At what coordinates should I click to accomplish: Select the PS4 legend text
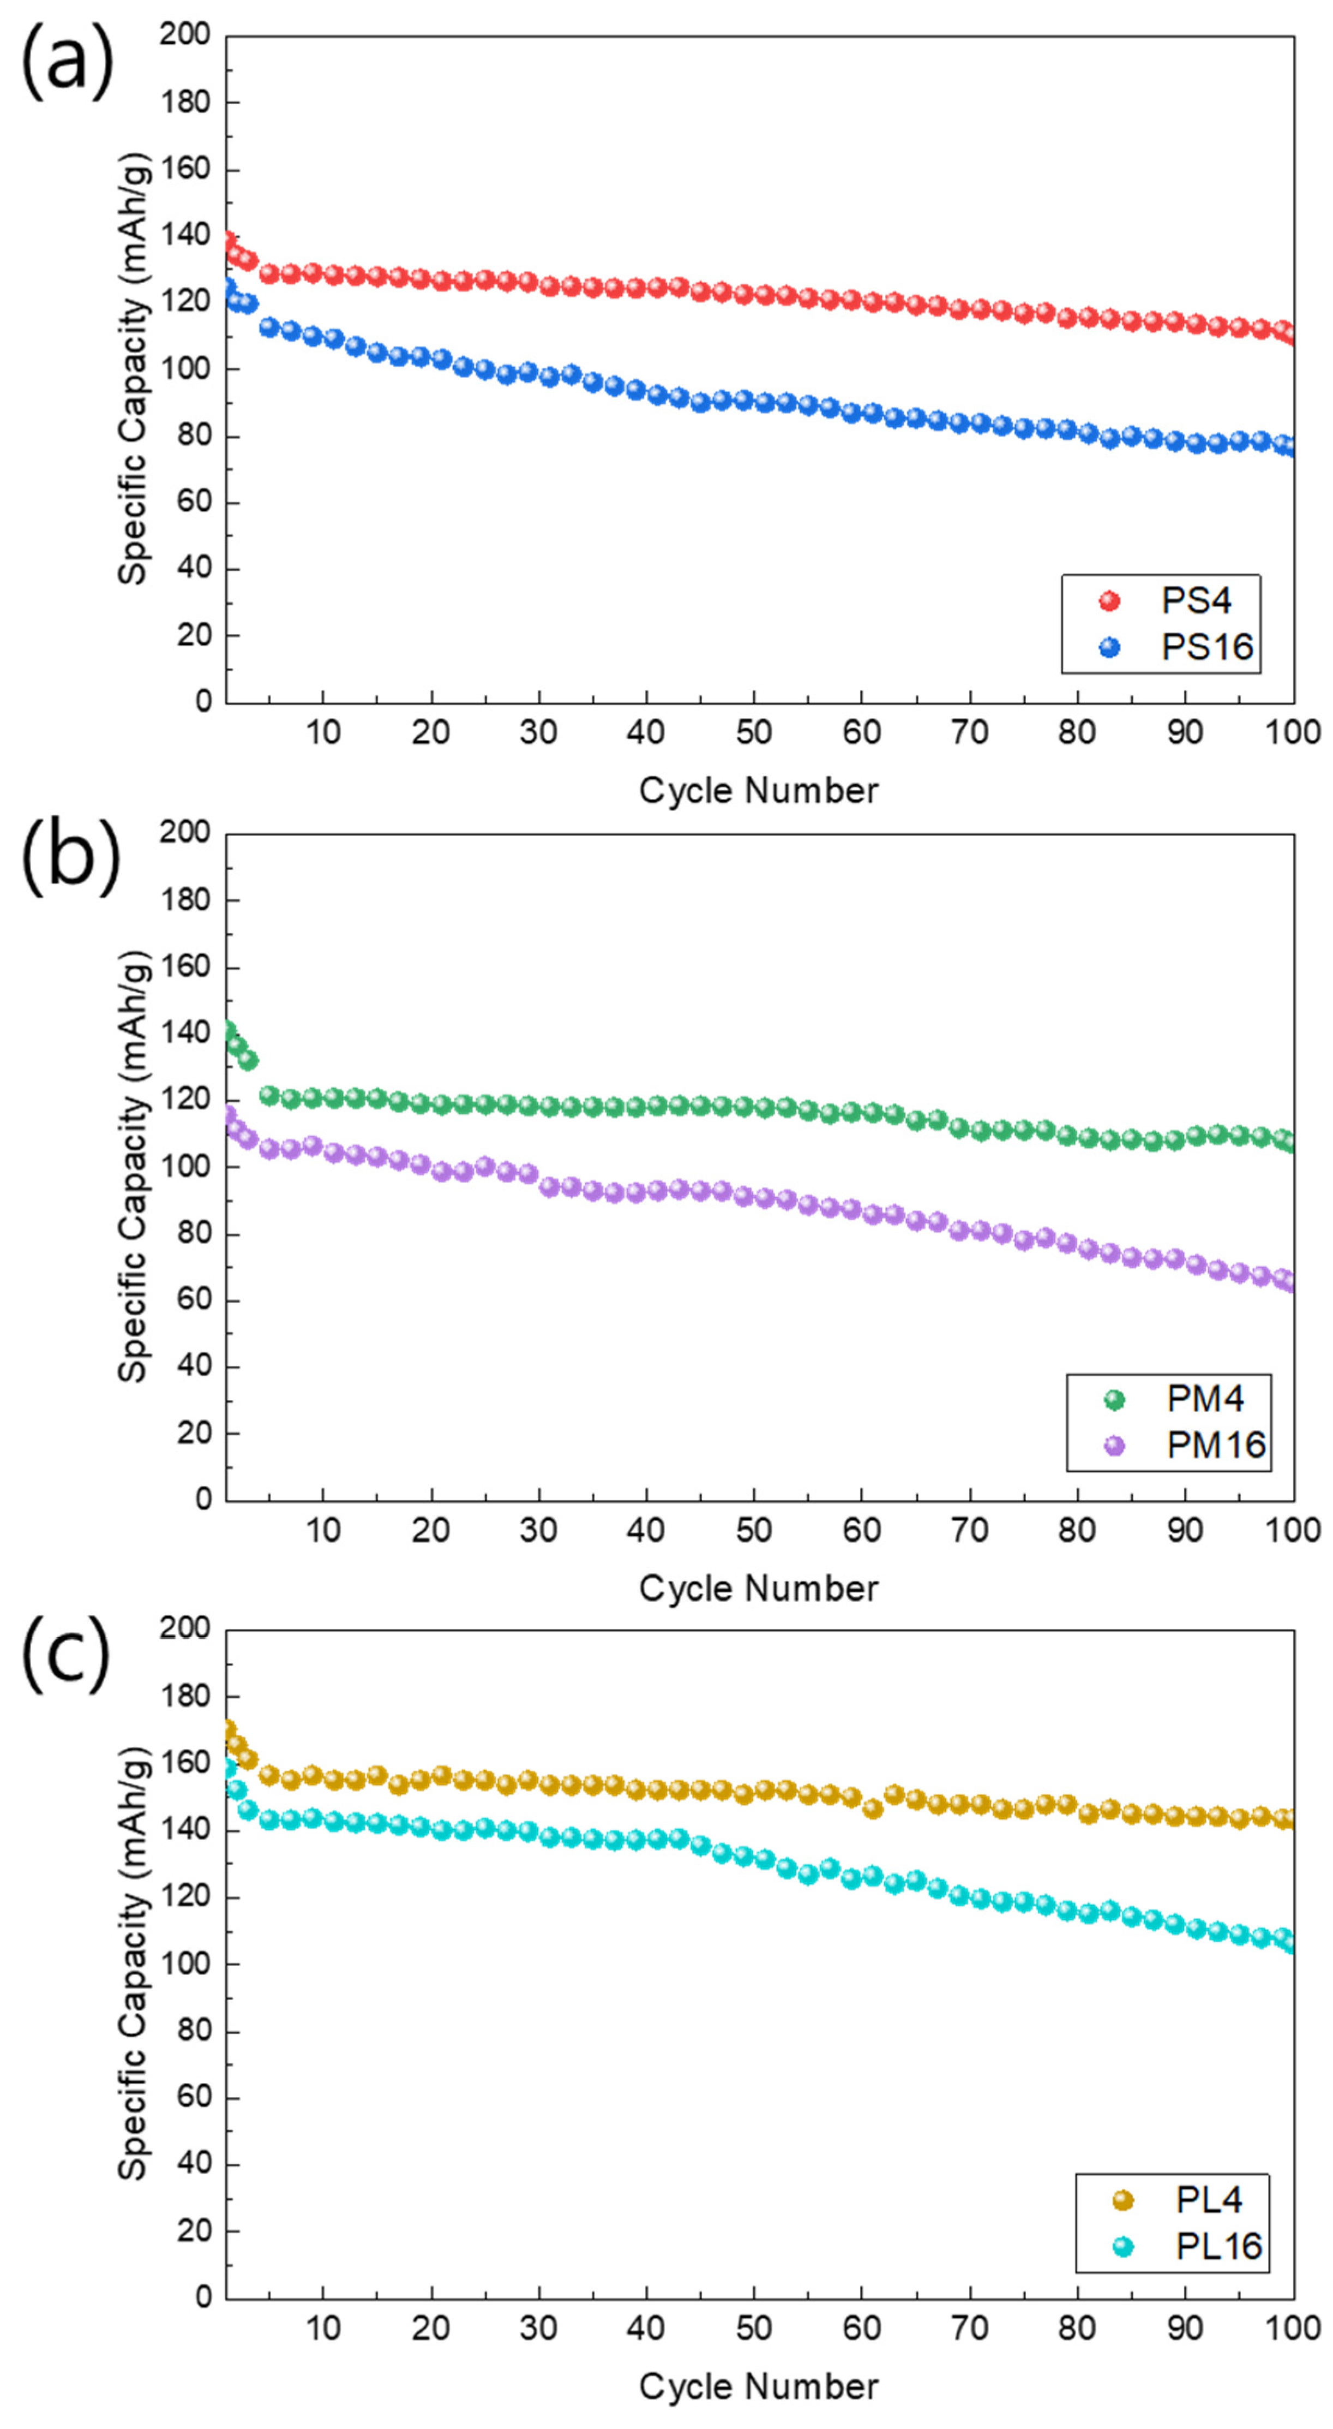pyautogui.click(x=1196, y=601)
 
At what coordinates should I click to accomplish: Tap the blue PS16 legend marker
pyautogui.click(x=1109, y=647)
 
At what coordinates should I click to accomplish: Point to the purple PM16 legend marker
pyautogui.click(x=1114, y=1445)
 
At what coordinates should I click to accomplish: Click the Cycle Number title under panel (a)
pyautogui.click(x=758, y=790)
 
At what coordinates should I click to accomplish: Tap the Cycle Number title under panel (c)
pyautogui.click(x=758, y=2386)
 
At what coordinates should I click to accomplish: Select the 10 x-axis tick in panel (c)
pyautogui.click(x=322, y=2328)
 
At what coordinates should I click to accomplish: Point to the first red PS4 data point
pyautogui.click(x=228, y=241)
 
